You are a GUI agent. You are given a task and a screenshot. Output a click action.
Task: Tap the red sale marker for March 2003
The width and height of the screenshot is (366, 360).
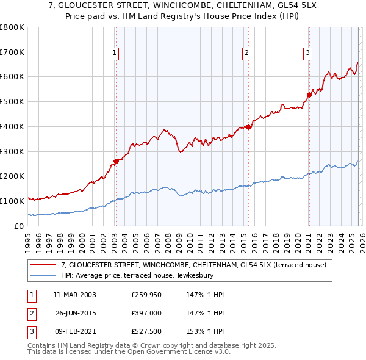(x=116, y=161)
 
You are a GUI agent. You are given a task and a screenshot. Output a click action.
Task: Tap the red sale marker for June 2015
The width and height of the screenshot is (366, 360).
(x=248, y=127)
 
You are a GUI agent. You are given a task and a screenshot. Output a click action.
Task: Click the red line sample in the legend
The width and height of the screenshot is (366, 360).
(x=44, y=265)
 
